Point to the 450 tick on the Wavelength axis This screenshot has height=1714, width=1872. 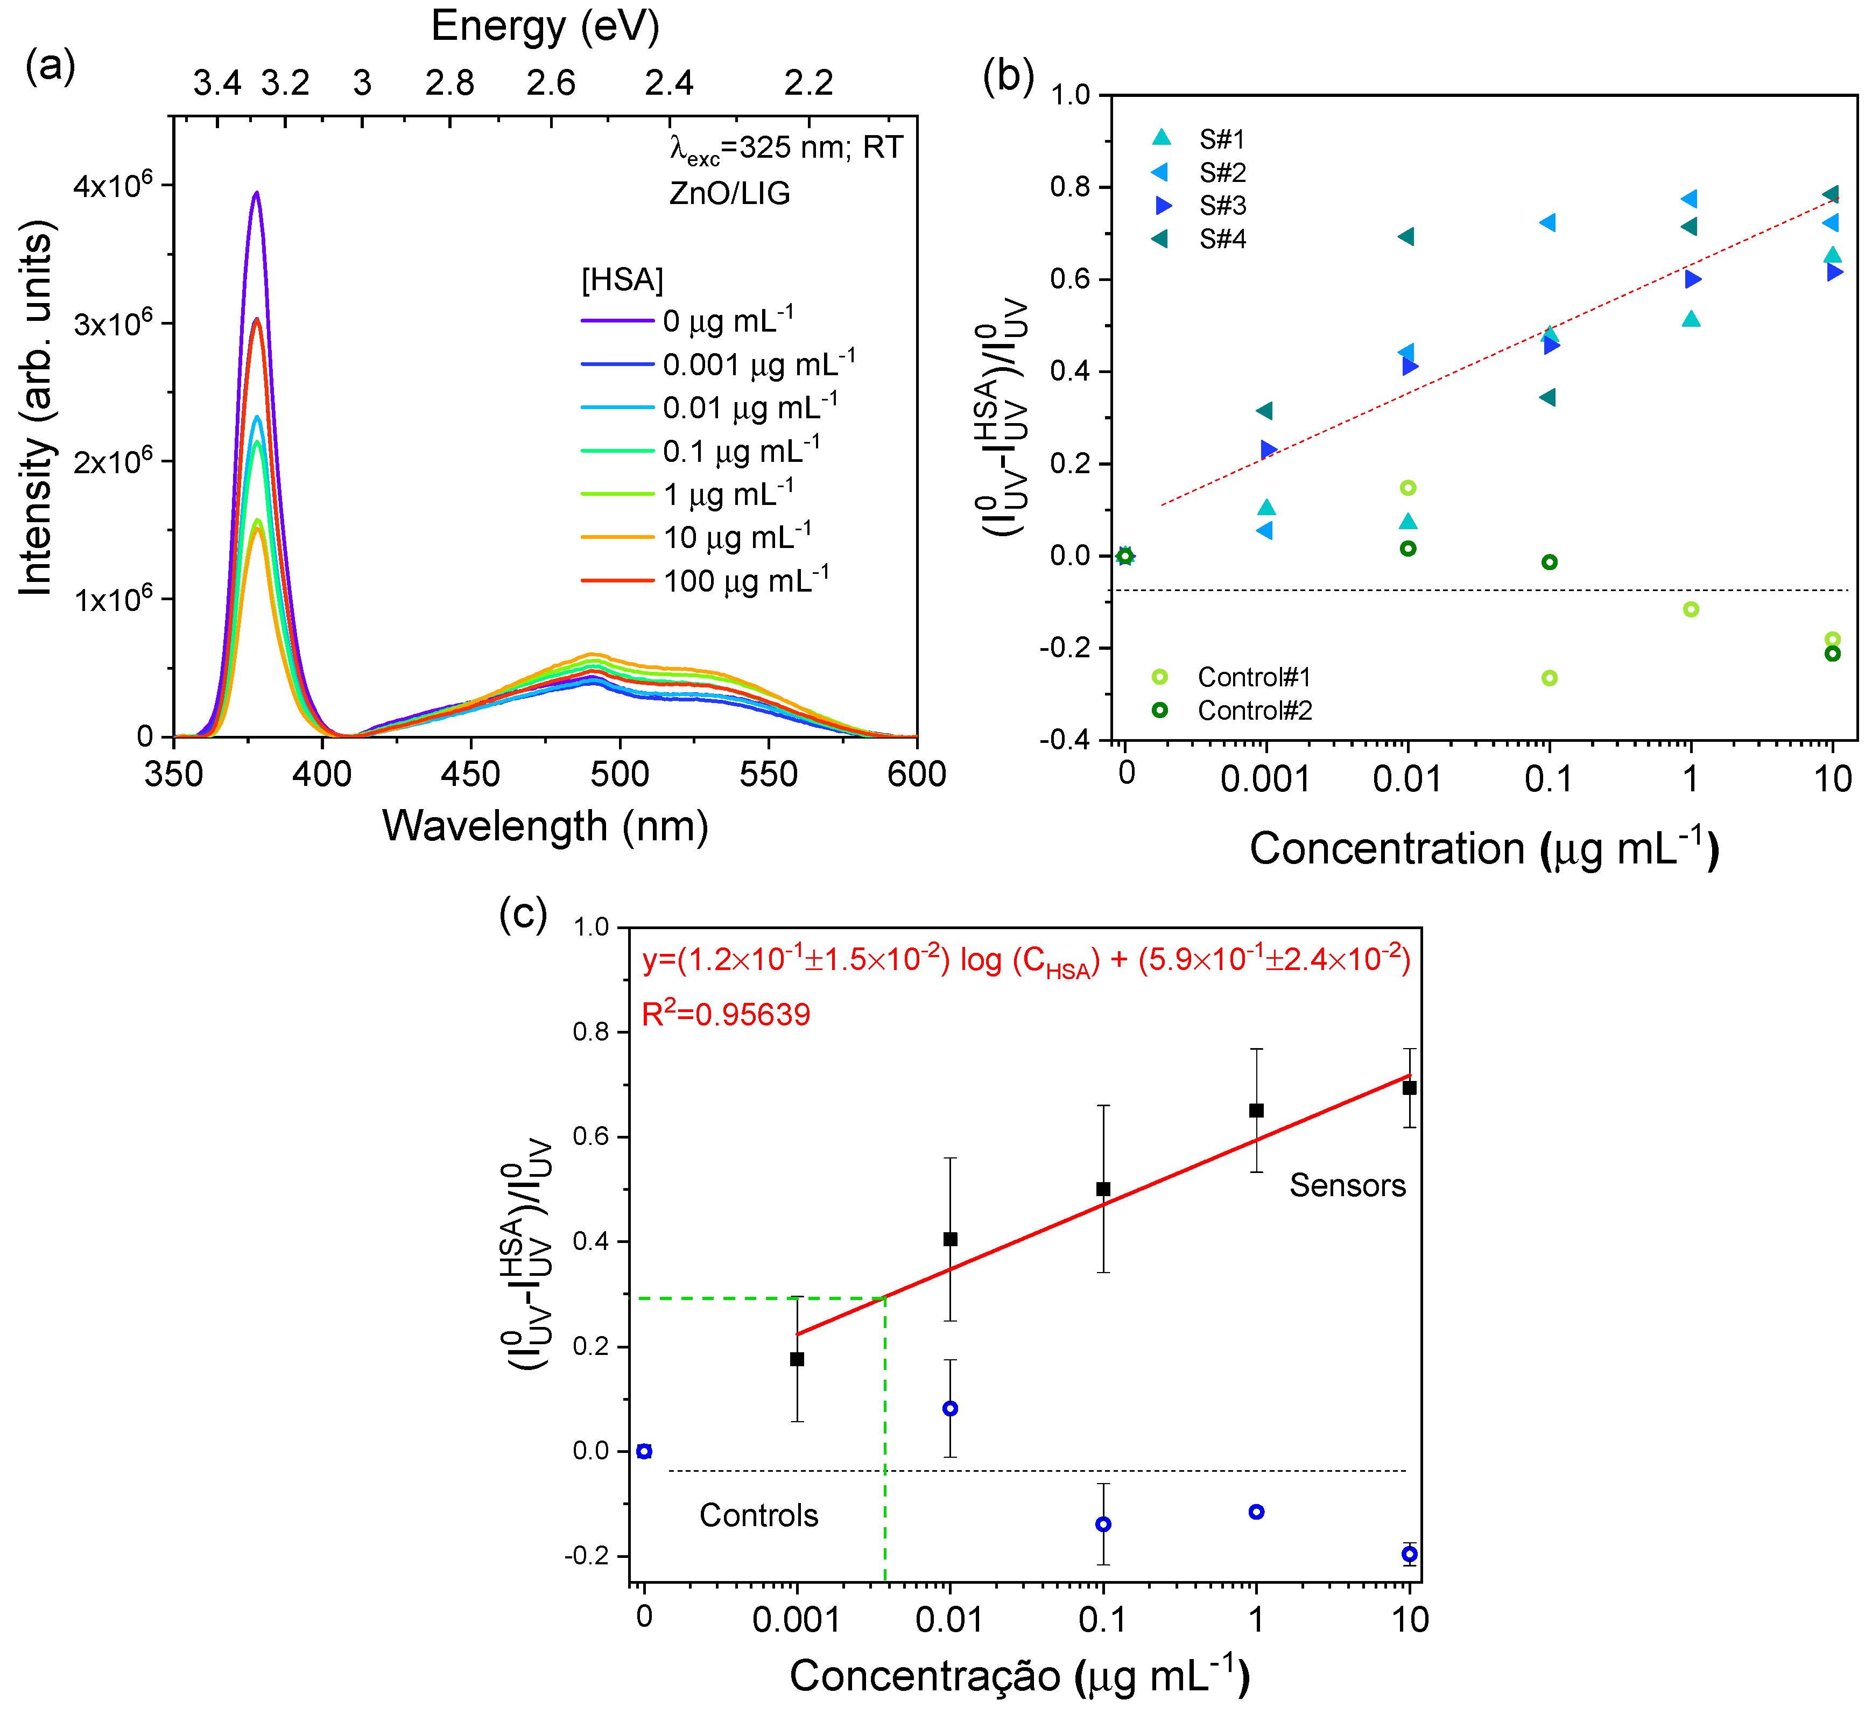point(471,774)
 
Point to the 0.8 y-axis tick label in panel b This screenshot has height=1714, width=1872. point(1071,187)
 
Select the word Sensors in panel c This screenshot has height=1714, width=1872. point(1347,1186)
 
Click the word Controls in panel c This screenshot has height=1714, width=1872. point(758,1515)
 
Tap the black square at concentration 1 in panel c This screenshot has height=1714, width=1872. point(1256,1111)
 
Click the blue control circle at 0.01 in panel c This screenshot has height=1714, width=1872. point(950,1409)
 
